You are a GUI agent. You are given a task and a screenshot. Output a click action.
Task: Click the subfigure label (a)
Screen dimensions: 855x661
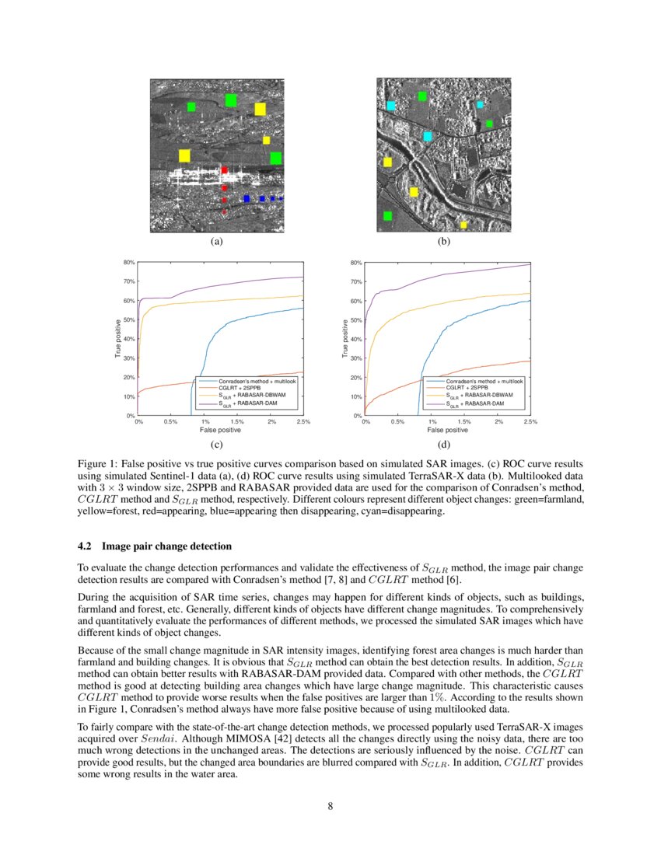(217, 242)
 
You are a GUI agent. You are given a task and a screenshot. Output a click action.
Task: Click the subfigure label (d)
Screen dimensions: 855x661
(444, 445)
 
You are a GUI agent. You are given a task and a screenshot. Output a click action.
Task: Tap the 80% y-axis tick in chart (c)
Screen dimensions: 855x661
(130, 263)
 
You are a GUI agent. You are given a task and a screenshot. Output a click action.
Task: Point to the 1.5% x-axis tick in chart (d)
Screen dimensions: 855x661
(465, 422)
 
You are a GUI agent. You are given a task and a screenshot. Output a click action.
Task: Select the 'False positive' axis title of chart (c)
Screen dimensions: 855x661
(220, 430)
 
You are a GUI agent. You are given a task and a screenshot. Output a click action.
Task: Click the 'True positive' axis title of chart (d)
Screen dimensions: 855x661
(345, 339)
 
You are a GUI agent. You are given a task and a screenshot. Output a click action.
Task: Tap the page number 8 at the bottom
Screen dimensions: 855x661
(330, 805)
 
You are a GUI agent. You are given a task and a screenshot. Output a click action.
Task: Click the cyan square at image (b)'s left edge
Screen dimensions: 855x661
(390, 106)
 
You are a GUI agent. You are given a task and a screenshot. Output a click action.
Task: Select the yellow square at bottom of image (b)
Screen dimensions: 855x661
(463, 225)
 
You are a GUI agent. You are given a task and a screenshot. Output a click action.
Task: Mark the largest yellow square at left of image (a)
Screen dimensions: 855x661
(184, 155)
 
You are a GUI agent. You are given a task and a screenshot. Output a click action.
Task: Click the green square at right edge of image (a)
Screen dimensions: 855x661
(275, 158)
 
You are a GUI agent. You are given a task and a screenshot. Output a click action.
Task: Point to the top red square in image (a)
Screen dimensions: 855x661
(224, 169)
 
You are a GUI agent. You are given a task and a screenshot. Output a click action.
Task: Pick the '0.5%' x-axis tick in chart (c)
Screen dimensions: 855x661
(171, 422)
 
